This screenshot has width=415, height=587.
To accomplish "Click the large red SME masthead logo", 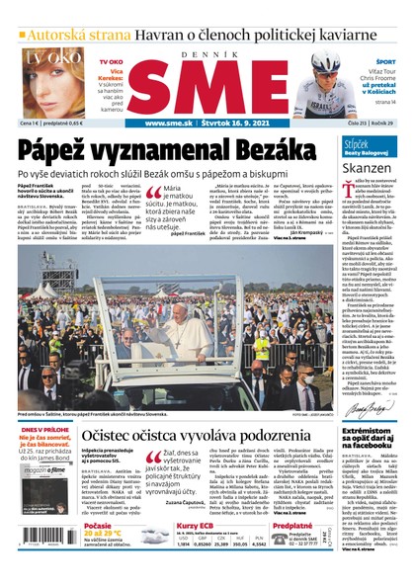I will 207,85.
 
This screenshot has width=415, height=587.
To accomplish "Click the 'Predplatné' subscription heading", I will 292,527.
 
